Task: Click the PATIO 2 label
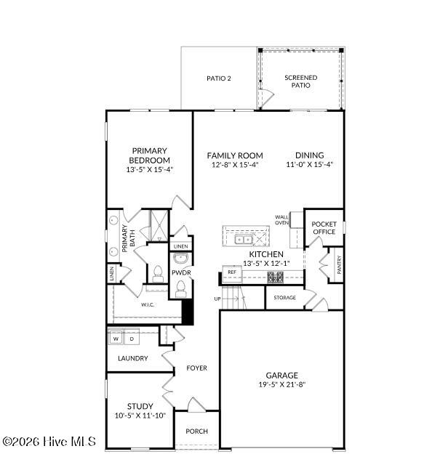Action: click(218, 78)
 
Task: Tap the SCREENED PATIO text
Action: click(300, 81)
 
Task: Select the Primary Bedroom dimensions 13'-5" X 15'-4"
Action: click(149, 169)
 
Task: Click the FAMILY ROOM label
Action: click(234, 155)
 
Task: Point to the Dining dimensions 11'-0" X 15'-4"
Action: click(309, 164)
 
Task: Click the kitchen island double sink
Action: click(244, 238)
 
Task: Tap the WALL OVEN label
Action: click(281, 219)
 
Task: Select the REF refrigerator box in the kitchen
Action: click(232, 272)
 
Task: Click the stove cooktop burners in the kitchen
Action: click(276, 276)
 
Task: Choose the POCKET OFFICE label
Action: click(324, 227)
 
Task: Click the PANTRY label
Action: click(339, 264)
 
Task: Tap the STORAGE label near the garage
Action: click(284, 298)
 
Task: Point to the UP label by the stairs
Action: click(217, 299)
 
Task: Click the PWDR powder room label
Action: click(180, 272)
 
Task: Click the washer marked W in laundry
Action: click(115, 339)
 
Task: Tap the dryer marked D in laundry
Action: click(132, 339)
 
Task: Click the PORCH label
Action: click(196, 431)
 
